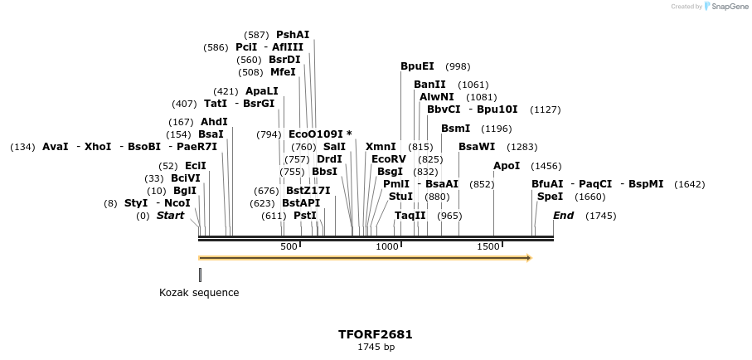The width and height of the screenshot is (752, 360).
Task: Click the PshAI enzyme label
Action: (293, 35)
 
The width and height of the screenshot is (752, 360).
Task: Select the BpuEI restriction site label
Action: (417, 66)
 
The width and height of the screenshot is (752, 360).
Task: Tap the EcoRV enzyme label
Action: (388, 158)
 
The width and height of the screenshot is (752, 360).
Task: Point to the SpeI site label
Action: (550, 197)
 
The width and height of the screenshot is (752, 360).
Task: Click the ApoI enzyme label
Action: (507, 166)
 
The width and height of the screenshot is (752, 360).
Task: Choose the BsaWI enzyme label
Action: (477, 147)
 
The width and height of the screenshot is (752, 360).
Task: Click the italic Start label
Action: (170, 216)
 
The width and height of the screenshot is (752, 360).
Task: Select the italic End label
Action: (563, 216)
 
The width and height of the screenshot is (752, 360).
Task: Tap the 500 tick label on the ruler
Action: (289, 246)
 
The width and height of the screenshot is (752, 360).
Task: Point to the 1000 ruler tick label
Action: (387, 246)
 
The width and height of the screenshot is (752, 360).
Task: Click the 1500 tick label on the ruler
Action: (488, 246)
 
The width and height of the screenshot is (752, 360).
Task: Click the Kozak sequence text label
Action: (199, 293)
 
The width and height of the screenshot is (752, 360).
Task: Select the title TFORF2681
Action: (375, 335)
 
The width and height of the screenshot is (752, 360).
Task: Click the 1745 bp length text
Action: (376, 347)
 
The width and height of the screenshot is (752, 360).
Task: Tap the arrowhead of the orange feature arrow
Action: (528, 258)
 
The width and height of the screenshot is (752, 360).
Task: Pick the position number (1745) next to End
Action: (600, 216)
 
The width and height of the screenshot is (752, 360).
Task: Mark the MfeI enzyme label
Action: (283, 72)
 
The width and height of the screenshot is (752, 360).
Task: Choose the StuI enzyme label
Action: (400, 197)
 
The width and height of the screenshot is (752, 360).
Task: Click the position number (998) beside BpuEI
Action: (458, 66)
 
